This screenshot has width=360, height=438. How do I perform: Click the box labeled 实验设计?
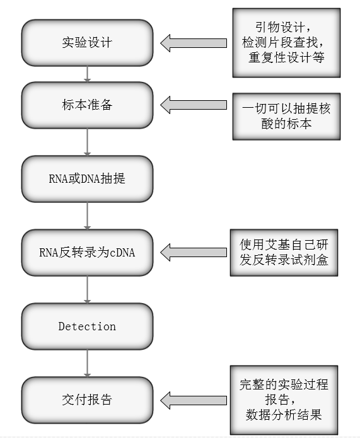point(87,43)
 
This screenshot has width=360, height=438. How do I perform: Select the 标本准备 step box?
point(87,105)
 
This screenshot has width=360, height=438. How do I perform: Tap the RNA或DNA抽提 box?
point(87,178)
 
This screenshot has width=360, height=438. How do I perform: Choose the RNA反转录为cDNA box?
point(87,253)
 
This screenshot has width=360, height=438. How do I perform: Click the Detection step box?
point(87,326)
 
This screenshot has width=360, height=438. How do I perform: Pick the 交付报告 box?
point(87,400)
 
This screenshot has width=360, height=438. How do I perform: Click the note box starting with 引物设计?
point(286,43)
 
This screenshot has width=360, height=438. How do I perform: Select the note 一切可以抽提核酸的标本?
point(286,116)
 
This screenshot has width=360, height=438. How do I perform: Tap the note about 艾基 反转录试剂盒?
point(284,252)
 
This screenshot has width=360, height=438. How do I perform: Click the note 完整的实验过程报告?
point(284,400)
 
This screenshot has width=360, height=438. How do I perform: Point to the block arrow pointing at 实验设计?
point(193,43)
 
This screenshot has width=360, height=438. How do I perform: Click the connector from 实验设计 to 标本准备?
point(88,74)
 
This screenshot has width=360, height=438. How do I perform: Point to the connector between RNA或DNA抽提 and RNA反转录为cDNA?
point(88,216)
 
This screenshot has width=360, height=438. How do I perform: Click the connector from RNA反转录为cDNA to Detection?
point(88,289)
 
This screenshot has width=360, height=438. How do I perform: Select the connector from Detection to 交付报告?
point(88,363)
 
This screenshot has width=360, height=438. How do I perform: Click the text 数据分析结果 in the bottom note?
point(284,415)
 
